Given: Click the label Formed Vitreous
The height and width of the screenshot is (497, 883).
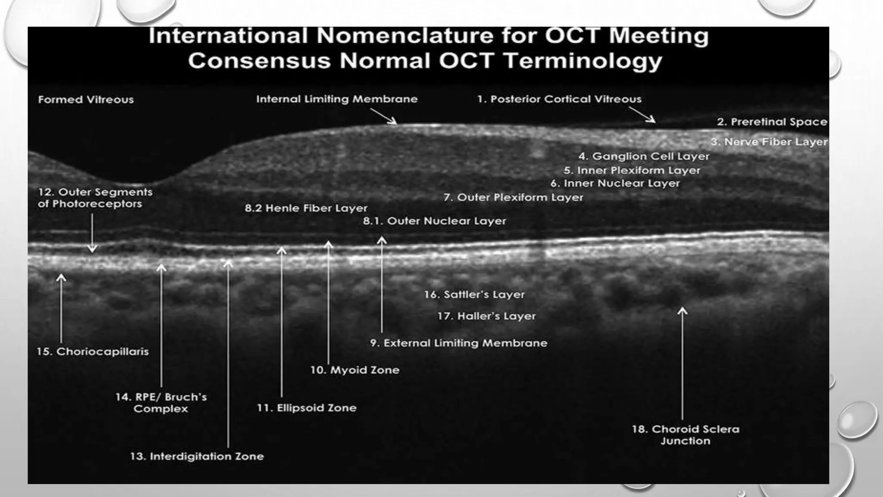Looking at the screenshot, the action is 86,100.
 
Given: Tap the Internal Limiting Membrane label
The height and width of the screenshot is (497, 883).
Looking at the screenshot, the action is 337,99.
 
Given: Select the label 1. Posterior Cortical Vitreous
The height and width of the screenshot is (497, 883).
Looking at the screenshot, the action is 559,99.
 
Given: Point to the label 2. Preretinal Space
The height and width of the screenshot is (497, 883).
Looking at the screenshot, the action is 772,122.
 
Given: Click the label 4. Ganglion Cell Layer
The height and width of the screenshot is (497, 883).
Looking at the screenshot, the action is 644,156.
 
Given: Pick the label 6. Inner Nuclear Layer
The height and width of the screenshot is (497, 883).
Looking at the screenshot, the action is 615,183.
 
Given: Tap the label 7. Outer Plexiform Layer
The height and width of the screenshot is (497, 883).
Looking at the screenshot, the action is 513,198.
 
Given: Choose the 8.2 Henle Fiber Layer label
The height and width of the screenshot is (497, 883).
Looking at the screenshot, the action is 306,208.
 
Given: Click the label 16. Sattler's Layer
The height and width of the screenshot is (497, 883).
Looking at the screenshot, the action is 474,295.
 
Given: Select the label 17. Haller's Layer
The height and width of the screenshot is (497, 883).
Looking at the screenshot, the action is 486,316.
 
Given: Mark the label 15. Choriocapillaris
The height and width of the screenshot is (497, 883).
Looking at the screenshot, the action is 92,352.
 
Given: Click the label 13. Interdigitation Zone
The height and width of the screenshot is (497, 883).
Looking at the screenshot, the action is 197,456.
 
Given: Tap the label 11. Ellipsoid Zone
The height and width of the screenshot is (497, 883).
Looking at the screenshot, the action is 307,408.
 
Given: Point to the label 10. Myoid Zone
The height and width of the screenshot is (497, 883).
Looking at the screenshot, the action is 354,370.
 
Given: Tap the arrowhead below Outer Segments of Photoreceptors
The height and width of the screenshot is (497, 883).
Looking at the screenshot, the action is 92,249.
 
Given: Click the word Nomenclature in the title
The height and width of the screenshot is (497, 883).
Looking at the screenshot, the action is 405,36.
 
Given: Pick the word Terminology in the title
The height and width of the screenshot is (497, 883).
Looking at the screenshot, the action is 582,60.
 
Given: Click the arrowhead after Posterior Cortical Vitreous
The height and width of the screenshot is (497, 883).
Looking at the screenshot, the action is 652,120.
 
